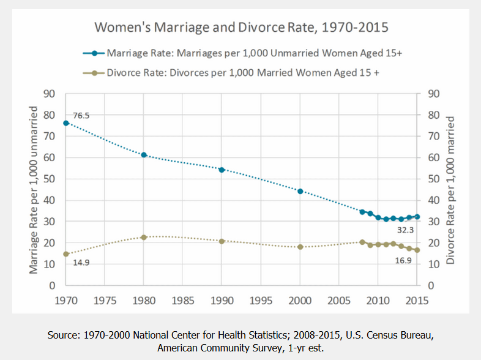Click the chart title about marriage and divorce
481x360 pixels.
click(241, 28)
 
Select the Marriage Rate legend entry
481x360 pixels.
click(253, 53)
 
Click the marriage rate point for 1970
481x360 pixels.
click(66, 123)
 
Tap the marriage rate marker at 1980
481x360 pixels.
click(144, 155)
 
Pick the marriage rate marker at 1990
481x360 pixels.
click(222, 170)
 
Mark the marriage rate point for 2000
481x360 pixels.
click(300, 191)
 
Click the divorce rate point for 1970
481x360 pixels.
click(66, 254)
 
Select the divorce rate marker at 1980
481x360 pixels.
click(144, 238)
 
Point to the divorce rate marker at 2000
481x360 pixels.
click(300, 247)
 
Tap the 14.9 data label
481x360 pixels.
click(82, 263)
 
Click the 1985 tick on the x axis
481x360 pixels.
click(183, 301)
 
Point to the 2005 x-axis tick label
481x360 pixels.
click(339, 301)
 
